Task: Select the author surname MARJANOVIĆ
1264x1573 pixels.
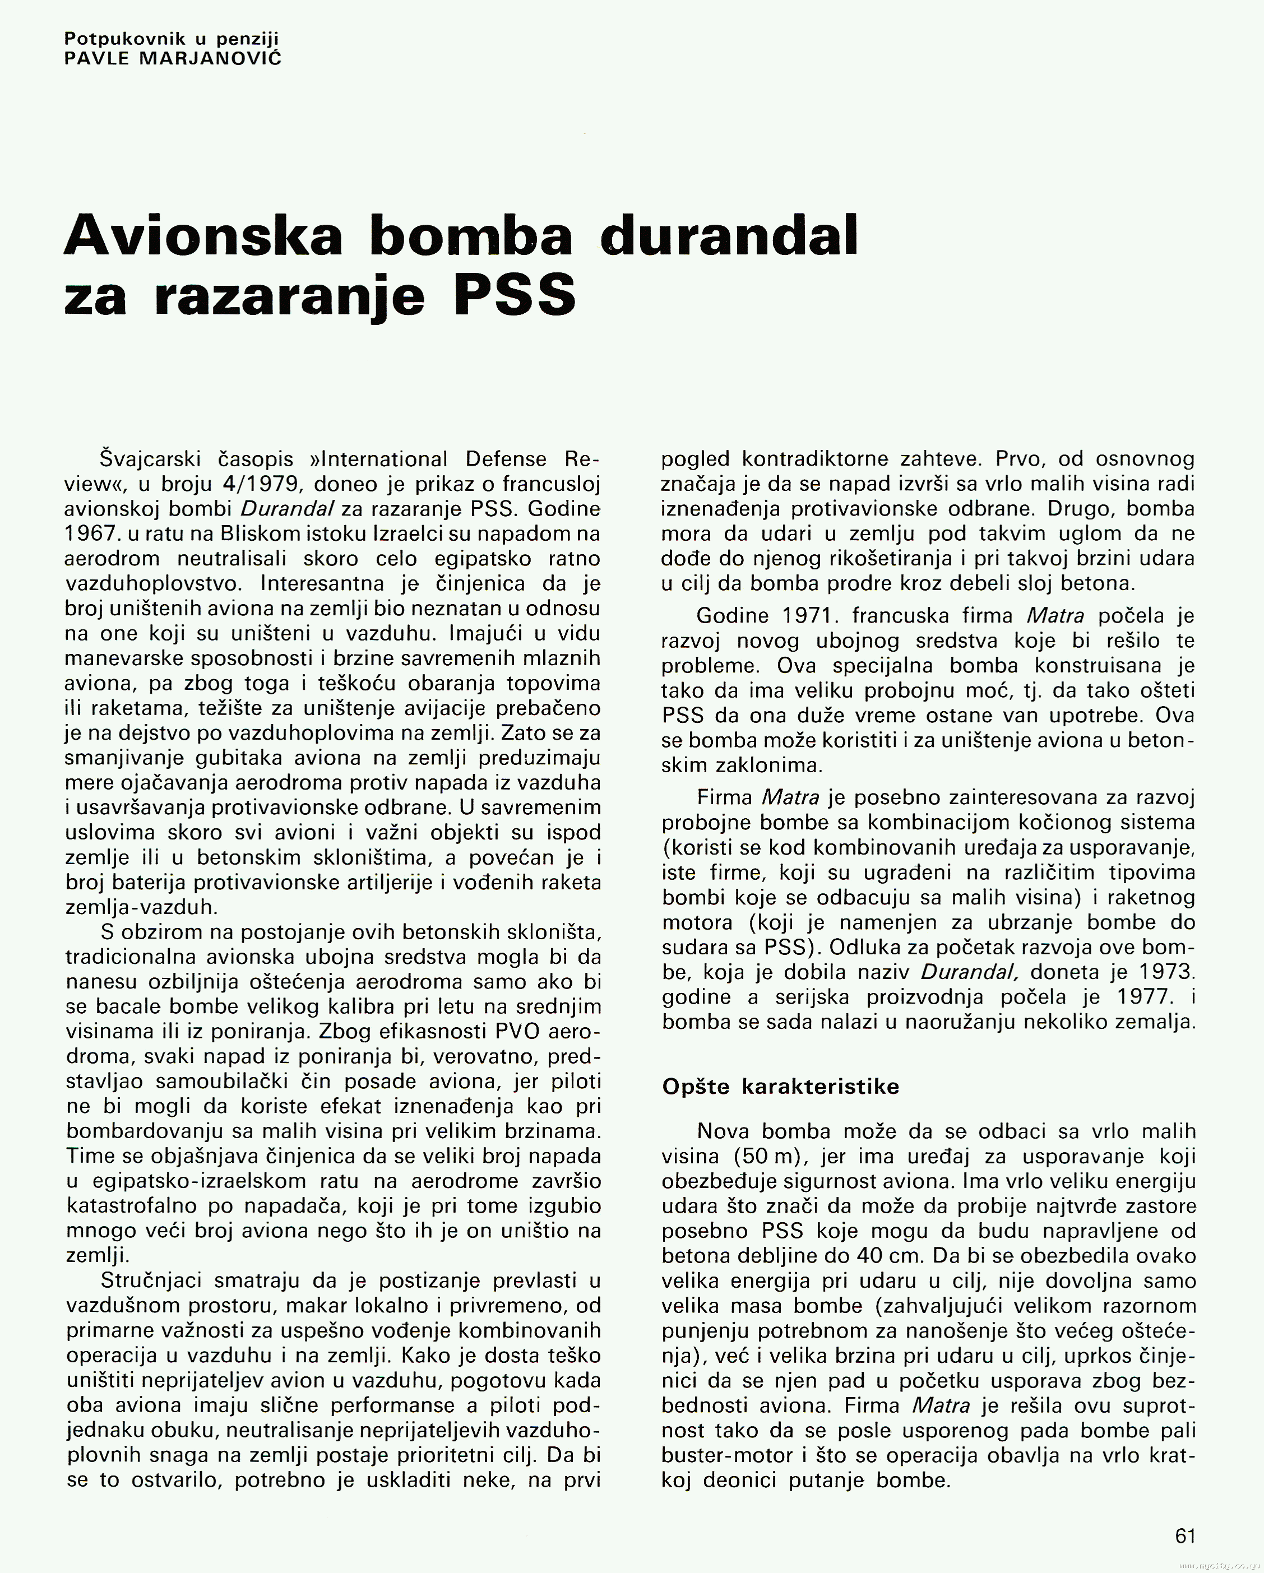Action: tap(210, 58)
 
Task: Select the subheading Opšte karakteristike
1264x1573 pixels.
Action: tap(780, 1087)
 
